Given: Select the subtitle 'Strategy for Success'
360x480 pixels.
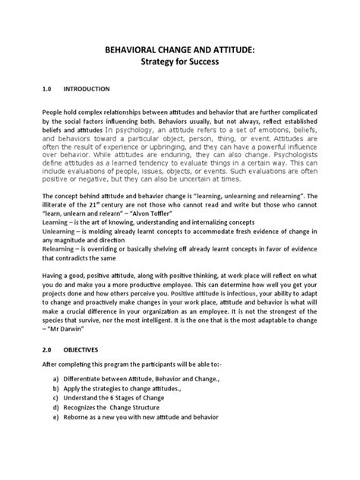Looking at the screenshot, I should (x=179, y=62).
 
